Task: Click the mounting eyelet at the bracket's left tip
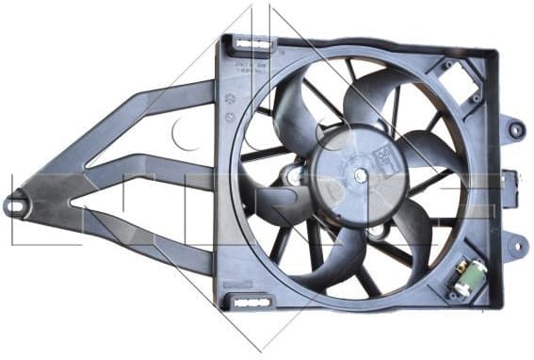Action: point(14,203)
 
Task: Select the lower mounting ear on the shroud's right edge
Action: point(515,247)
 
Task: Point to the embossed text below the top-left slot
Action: point(253,67)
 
